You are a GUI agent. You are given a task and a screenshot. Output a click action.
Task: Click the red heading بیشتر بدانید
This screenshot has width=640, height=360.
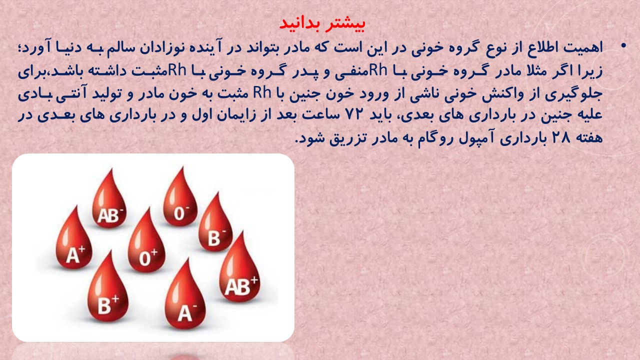coord(322,23)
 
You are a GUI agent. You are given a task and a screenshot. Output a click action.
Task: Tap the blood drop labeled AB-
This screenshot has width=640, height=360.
coord(109,200)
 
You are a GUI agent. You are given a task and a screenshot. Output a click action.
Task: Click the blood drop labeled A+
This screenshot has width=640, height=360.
coord(74,238)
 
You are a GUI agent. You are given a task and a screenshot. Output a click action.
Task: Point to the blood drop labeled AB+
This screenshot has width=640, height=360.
coord(239,268)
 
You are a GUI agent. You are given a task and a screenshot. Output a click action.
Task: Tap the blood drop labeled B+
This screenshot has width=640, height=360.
coord(107,287)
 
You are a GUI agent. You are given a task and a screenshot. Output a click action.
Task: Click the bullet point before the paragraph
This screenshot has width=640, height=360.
coord(623,46)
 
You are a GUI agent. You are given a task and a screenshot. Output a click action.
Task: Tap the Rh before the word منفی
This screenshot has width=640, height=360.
coord(378,69)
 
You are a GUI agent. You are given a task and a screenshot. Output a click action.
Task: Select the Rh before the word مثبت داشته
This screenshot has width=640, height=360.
coord(177,69)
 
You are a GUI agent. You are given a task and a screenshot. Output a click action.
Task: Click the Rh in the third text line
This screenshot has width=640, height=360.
coord(262,92)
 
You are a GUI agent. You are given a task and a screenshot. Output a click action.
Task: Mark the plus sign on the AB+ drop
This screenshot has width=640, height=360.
coord(254,280)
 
